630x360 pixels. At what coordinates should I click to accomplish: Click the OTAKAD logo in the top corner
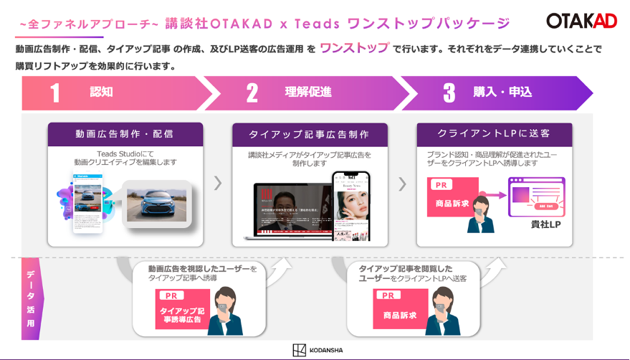pyautogui.click(x=581, y=21)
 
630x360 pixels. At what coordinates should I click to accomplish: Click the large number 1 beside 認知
pyautogui.click(x=55, y=93)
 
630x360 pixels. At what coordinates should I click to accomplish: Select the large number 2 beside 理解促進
pyautogui.click(x=252, y=93)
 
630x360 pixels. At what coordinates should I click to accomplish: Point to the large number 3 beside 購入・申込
pyautogui.click(x=449, y=93)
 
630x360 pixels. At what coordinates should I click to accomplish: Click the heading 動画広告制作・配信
pyautogui.click(x=125, y=134)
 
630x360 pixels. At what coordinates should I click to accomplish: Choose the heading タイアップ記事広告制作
pyautogui.click(x=309, y=134)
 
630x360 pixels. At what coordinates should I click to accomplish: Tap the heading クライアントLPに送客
pyautogui.click(x=494, y=134)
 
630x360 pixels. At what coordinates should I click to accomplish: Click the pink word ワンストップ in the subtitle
pyautogui.click(x=354, y=49)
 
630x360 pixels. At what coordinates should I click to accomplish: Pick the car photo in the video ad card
pyautogui.click(x=157, y=200)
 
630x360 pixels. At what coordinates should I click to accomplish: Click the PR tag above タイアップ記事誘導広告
pyautogui.click(x=170, y=295)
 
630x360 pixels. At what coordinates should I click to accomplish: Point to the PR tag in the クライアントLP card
pyautogui.click(x=442, y=185)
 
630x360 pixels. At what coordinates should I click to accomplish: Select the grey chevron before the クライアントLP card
pyautogui.click(x=402, y=184)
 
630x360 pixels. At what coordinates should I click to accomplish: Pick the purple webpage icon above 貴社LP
pyautogui.click(x=536, y=197)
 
